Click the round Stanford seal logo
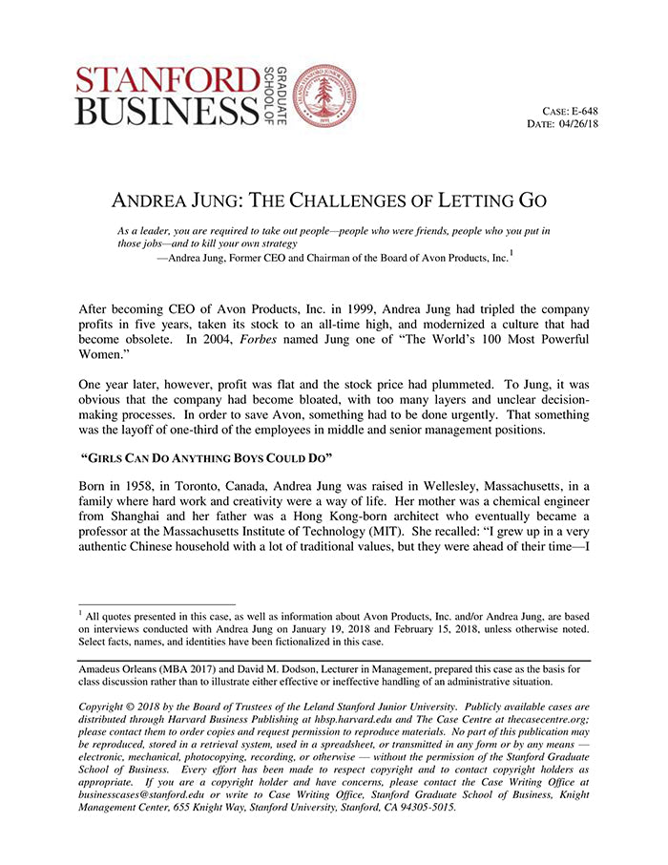[x=324, y=96]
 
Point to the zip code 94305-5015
[x=425, y=806]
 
